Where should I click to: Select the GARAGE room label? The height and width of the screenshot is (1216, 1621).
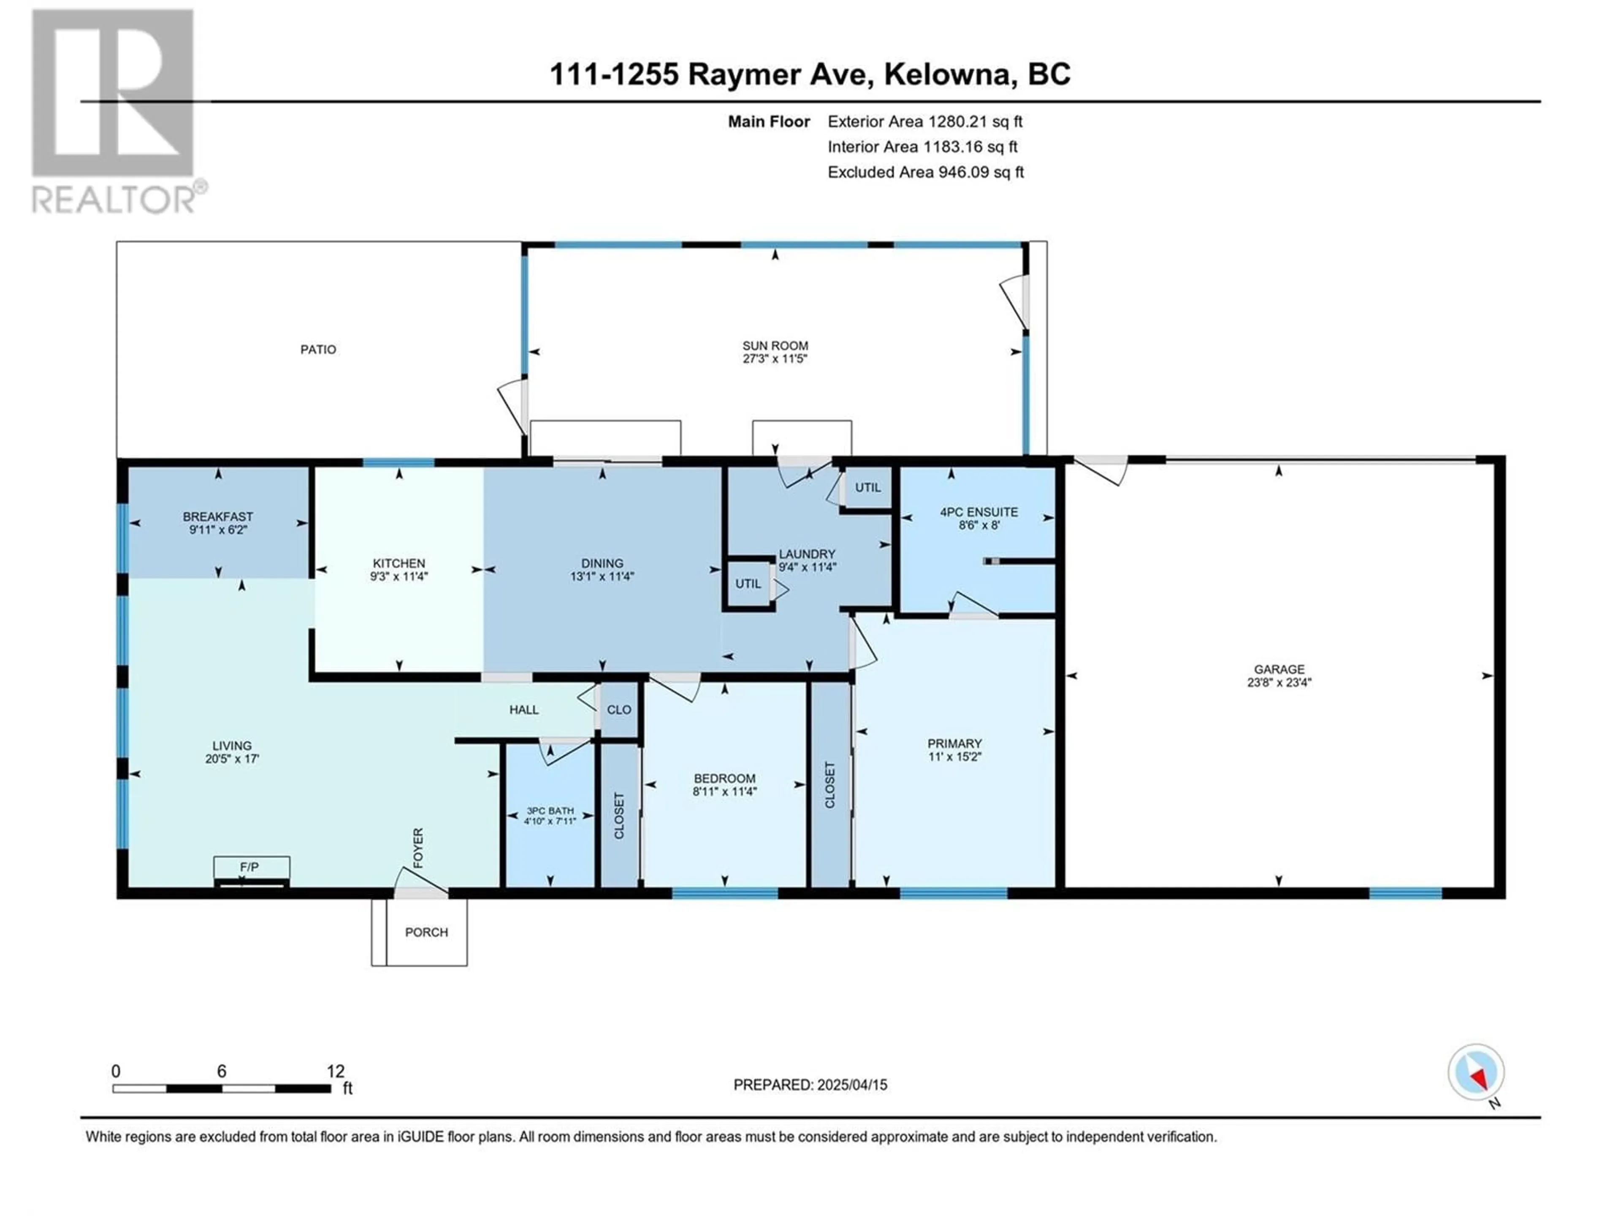[x=1279, y=669]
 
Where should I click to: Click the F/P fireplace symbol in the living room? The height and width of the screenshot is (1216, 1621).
[x=251, y=871]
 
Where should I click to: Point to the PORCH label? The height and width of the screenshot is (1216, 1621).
[x=426, y=932]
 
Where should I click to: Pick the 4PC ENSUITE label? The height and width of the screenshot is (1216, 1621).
[x=979, y=512]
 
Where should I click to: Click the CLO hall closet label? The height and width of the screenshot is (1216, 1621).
[x=619, y=709]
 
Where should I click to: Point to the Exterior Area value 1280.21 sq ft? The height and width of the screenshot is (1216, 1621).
[x=976, y=122]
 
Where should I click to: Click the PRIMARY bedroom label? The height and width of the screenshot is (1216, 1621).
[x=954, y=743]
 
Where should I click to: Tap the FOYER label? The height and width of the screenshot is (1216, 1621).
[x=418, y=848]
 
